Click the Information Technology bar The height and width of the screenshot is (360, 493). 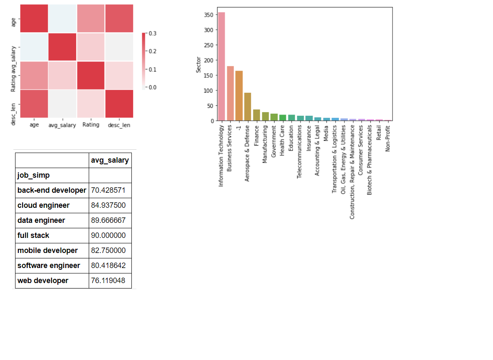click(221, 66)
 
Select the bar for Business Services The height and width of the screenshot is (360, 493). click(230, 94)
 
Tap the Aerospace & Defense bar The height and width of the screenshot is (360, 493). click(248, 107)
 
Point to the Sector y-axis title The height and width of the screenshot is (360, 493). click(198, 65)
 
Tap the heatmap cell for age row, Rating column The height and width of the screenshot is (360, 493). click(91, 18)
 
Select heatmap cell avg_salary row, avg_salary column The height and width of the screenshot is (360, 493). click(62, 47)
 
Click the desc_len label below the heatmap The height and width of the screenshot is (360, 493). click(119, 125)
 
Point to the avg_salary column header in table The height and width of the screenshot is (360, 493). click(110, 160)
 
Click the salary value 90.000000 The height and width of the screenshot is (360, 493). click(108, 235)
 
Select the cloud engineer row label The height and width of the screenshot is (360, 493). click(44, 205)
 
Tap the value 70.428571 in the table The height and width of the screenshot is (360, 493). click(108, 190)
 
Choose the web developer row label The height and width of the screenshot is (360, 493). click(43, 281)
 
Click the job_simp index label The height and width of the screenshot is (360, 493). click(33, 175)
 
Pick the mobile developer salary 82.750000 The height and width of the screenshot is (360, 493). click(108, 250)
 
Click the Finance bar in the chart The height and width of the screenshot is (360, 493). click(257, 115)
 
